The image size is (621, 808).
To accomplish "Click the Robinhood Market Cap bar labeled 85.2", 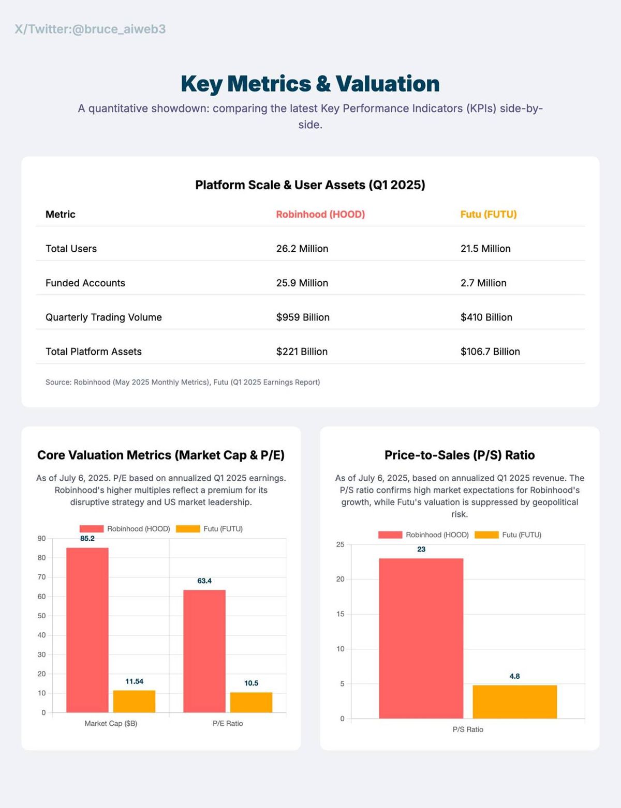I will (x=87, y=630).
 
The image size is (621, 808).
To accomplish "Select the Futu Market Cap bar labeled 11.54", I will (x=134, y=701).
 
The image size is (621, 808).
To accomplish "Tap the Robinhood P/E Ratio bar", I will (x=204, y=651).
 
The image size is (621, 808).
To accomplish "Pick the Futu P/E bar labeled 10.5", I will (x=251, y=702).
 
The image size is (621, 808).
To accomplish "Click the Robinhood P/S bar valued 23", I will (x=421, y=638).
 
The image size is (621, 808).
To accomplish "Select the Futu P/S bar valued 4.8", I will (x=514, y=702).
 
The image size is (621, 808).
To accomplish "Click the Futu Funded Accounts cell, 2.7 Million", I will (x=483, y=283).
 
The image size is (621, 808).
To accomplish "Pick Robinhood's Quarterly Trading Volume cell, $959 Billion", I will (x=303, y=317).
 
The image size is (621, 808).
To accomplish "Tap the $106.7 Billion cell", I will (x=490, y=352).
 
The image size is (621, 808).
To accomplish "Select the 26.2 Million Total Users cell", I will (x=302, y=249).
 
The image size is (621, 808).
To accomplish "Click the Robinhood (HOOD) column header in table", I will (x=320, y=214).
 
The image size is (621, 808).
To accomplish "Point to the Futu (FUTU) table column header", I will (x=489, y=214).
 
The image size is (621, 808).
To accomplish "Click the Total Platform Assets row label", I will (x=94, y=352).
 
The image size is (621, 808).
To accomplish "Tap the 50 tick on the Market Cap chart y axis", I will (x=41, y=616).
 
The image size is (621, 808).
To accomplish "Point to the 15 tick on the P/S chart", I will (x=340, y=614).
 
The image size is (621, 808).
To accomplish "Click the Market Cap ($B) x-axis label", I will (x=111, y=723).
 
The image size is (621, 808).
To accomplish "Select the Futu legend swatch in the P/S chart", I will (x=486, y=535).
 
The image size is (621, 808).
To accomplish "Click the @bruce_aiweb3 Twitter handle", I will (x=119, y=29).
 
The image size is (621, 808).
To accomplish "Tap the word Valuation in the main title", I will (x=388, y=84).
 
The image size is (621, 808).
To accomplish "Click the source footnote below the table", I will (x=183, y=382).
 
